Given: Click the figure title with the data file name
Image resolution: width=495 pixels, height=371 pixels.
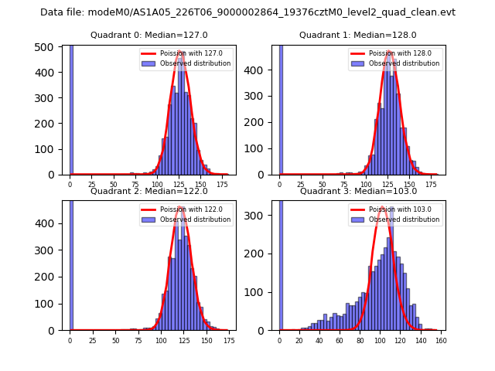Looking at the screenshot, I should click(x=247, y=12).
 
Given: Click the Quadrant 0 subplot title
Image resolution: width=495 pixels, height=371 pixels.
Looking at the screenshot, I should click(x=149, y=35).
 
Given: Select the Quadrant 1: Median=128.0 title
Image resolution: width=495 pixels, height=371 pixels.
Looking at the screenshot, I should click(x=358, y=35).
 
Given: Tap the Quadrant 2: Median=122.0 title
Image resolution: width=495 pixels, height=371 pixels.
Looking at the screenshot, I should click(x=149, y=191).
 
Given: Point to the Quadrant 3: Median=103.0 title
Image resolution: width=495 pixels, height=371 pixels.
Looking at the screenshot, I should click(x=358, y=191).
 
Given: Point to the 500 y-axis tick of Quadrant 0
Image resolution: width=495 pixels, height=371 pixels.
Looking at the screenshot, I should click(x=49, y=47).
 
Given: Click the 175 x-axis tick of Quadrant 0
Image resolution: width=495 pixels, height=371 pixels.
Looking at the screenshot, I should click(x=224, y=184).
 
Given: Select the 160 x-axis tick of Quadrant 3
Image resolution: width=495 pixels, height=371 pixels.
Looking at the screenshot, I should click(x=441, y=339).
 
